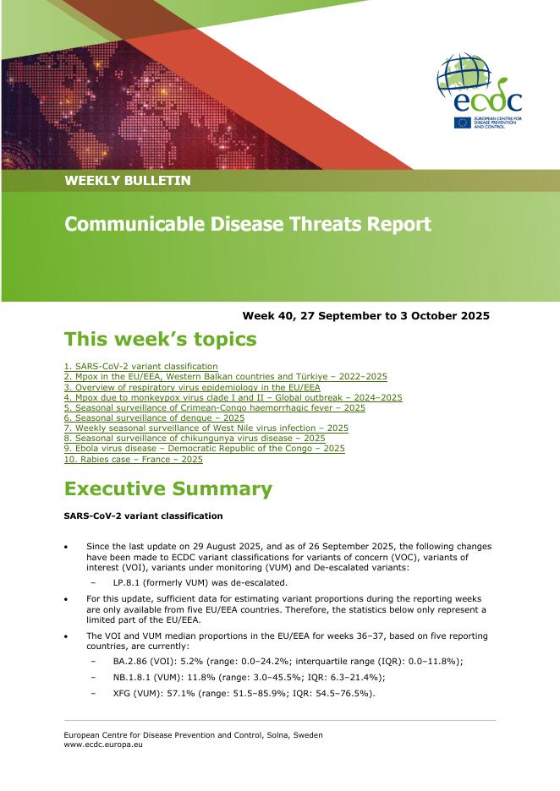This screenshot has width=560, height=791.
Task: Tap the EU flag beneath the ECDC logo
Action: [463, 122]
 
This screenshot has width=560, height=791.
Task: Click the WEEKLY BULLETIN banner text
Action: [128, 181]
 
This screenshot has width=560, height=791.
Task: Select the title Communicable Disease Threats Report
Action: [248, 225]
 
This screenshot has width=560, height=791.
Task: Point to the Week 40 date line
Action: [365, 316]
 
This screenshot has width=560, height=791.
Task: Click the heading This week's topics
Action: [160, 340]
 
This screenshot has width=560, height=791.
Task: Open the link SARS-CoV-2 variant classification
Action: [140, 366]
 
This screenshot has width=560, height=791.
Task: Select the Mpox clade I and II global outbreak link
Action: [233, 397]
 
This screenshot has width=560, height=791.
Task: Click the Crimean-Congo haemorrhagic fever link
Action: [214, 407]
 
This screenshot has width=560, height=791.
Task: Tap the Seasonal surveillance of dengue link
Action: [154, 417]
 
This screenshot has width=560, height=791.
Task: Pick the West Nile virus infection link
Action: [206, 428]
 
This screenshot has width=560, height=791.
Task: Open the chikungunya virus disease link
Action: [195, 439]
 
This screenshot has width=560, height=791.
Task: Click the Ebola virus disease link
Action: [204, 449]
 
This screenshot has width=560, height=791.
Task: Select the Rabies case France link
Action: [133, 460]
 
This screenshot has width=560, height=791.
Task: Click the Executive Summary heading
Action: [167, 489]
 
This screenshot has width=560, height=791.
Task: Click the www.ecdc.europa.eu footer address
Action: [103, 745]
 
